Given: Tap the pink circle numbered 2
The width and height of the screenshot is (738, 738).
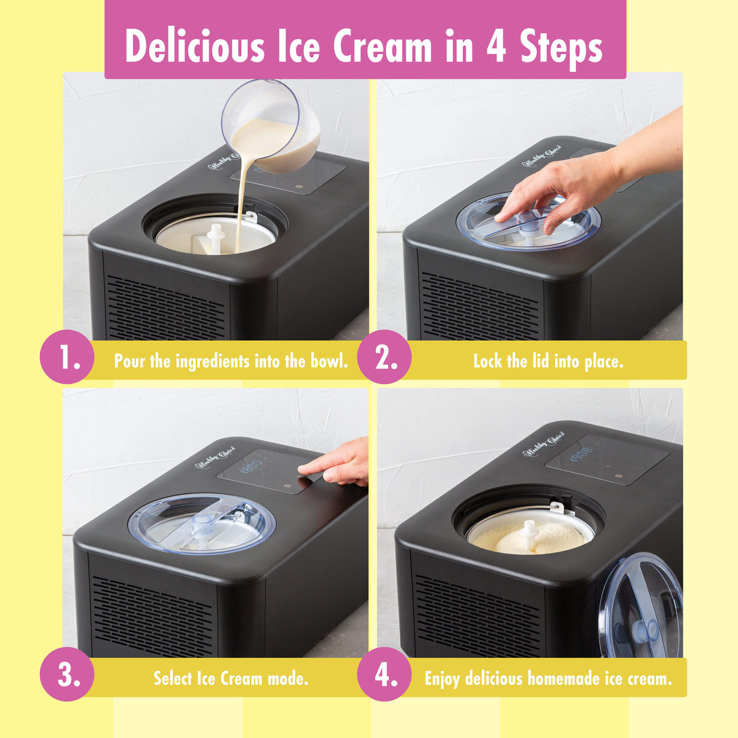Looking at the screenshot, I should (x=384, y=357).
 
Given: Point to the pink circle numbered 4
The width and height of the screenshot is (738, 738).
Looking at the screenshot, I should (x=384, y=674).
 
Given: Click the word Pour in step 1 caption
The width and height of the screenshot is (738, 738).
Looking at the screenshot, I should (x=130, y=361).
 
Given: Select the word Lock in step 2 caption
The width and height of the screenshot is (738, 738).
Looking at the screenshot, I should (x=488, y=361).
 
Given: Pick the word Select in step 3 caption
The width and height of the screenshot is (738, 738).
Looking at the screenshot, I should (x=173, y=678).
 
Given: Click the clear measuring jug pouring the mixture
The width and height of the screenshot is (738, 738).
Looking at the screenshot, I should (x=274, y=123).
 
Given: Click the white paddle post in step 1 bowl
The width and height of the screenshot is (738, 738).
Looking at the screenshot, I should (x=215, y=236).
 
